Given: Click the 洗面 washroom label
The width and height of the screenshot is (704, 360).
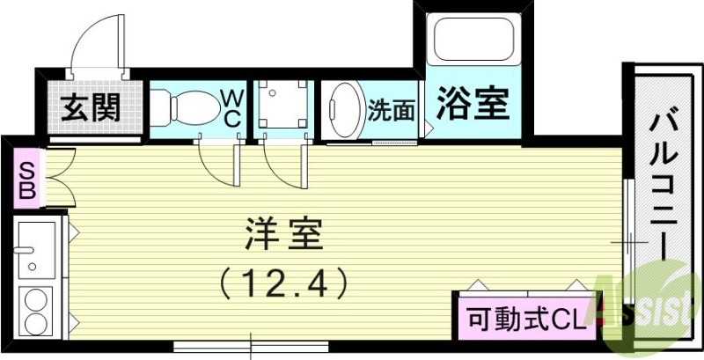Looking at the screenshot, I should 390,110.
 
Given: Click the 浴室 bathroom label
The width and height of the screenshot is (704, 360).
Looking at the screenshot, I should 472,107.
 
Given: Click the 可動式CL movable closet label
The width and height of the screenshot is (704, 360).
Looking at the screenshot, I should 525,316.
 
